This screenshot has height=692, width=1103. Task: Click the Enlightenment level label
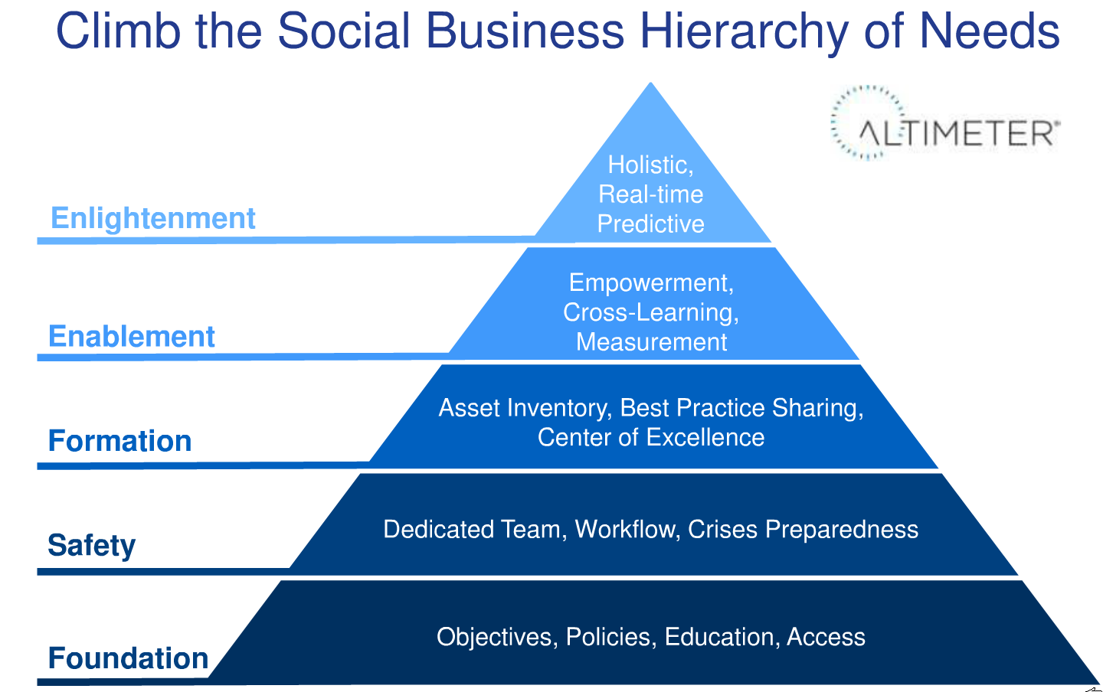pos(153,218)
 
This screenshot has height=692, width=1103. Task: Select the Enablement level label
pos(132,336)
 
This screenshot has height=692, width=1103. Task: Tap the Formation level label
pos(119,440)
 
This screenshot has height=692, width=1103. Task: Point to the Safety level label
pos(92,545)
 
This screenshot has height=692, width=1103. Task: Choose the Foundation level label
pos(128,658)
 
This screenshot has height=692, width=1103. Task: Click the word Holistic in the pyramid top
pos(650,165)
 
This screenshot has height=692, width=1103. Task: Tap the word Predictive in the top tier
pos(650,224)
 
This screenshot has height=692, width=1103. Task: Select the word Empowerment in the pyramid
pos(651,283)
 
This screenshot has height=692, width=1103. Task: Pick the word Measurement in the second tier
pos(651,342)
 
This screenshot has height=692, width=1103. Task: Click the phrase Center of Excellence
pos(650,438)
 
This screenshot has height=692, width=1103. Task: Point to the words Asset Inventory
pos(525,409)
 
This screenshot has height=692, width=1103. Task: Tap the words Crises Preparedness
pos(803,530)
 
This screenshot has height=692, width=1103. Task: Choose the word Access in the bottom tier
pos(826,637)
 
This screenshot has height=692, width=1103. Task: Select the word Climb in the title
pos(118,31)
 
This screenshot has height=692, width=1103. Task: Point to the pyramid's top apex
pos(650,83)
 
